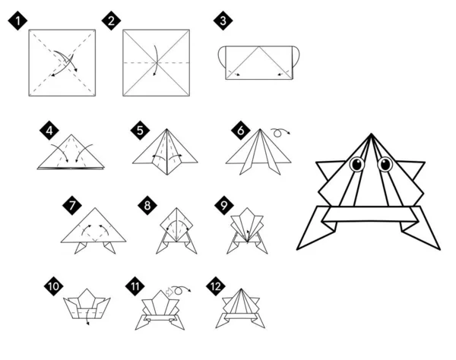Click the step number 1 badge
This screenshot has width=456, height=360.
[16, 21]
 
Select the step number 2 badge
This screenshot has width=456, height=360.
[112, 21]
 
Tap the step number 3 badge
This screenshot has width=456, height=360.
[223, 21]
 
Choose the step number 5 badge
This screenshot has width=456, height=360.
[139, 130]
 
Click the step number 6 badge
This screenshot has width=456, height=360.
[241, 130]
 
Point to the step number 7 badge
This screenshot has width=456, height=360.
[71, 205]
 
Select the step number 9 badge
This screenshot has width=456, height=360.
[223, 205]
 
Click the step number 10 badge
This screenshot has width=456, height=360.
[52, 287]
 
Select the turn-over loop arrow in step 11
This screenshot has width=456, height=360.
[179, 291]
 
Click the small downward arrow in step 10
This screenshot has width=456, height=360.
[88, 322]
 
